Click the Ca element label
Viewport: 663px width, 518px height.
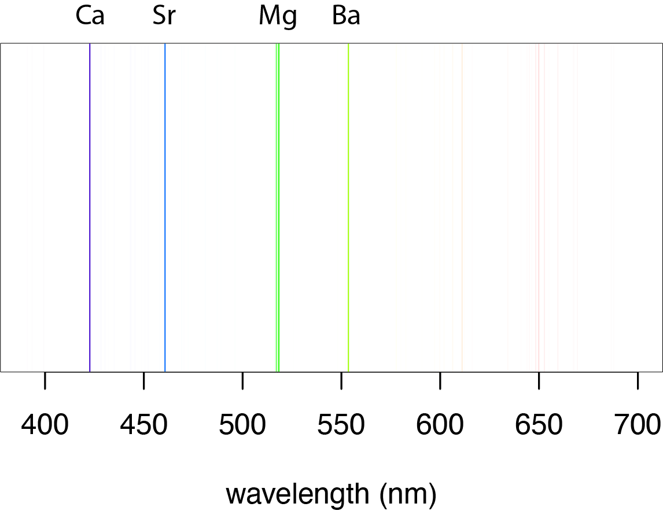(90, 17)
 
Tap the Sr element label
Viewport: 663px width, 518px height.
(164, 17)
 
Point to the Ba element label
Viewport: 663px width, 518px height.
(346, 17)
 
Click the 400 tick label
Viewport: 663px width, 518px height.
(45, 425)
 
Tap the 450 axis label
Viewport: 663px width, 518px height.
(143, 425)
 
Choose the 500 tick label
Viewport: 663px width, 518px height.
(242, 425)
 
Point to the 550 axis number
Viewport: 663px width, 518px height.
(341, 425)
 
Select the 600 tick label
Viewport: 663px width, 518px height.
(440, 425)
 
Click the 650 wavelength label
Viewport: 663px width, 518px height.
(539, 425)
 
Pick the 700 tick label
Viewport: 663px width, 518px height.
(637, 425)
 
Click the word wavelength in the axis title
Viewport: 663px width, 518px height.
(297, 494)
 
